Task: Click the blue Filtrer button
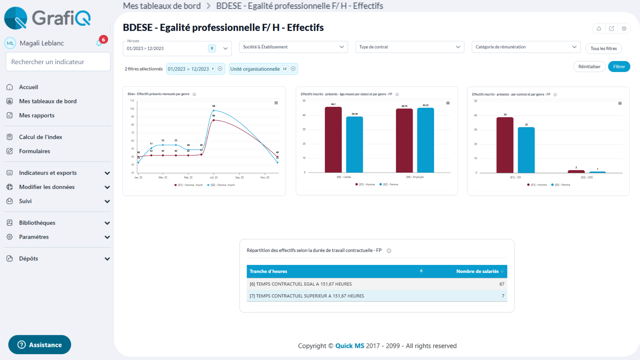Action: (619, 67)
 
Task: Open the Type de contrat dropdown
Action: (409, 47)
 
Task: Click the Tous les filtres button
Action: (603, 48)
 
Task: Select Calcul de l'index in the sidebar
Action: (40, 137)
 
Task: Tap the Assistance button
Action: (40, 345)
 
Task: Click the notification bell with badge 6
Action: (99, 43)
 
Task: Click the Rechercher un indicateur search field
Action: (58, 62)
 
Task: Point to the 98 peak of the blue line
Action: (214, 110)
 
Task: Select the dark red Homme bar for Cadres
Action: (333, 140)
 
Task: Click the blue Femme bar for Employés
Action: (425, 140)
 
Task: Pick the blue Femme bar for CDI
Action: (526, 150)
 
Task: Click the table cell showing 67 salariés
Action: (502, 284)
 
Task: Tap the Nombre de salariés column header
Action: (477, 271)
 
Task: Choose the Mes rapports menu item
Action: (37, 115)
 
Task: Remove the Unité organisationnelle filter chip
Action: (293, 69)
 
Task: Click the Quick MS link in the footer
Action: (349, 346)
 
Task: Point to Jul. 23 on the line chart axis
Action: (214, 177)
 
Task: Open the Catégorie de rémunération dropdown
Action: (526, 47)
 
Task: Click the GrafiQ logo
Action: (47, 18)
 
